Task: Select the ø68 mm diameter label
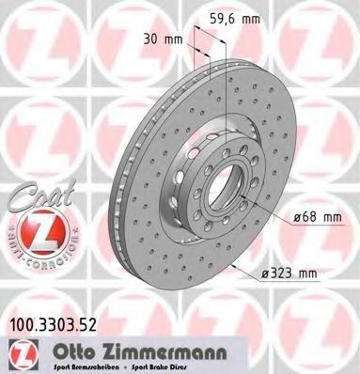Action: pyautogui.click(x=315, y=217)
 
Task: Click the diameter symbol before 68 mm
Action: pyautogui.click(x=298, y=217)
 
